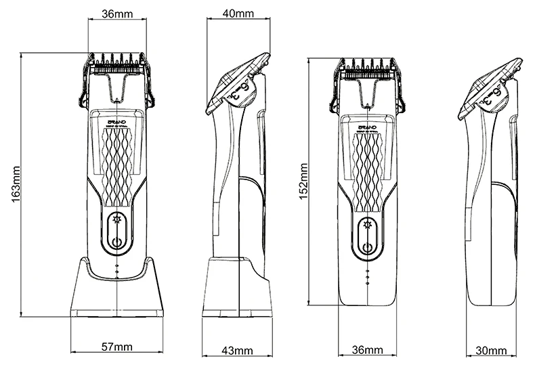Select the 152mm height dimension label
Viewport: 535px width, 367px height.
pyautogui.click(x=305, y=181)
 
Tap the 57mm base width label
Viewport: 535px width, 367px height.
pyautogui.click(x=116, y=347)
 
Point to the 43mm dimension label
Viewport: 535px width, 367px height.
pyautogui.click(x=237, y=350)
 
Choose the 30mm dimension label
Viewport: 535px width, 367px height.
pyautogui.click(x=492, y=350)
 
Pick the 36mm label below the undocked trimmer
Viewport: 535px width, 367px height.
pyautogui.click(x=368, y=350)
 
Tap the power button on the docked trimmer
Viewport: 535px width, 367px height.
pyautogui.click(x=118, y=242)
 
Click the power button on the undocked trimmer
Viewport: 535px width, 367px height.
pyautogui.click(x=368, y=246)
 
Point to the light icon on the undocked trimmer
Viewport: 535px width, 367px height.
pyautogui.click(x=368, y=225)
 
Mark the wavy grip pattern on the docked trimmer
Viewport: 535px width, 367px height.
pyautogui.click(x=118, y=166)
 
